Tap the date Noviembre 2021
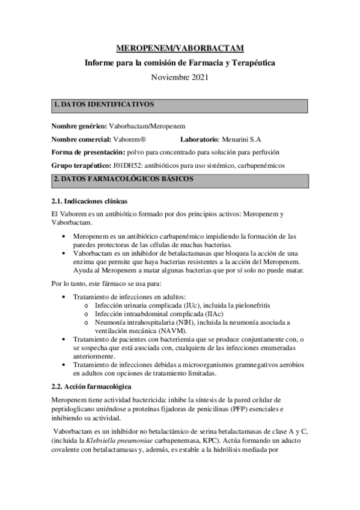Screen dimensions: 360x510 (180, 78)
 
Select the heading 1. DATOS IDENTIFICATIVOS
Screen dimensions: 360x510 (104, 105)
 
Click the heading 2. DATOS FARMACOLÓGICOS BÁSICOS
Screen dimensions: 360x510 (123, 179)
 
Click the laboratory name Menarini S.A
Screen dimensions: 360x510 (245, 138)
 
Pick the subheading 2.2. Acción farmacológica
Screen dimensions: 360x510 (91, 385)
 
